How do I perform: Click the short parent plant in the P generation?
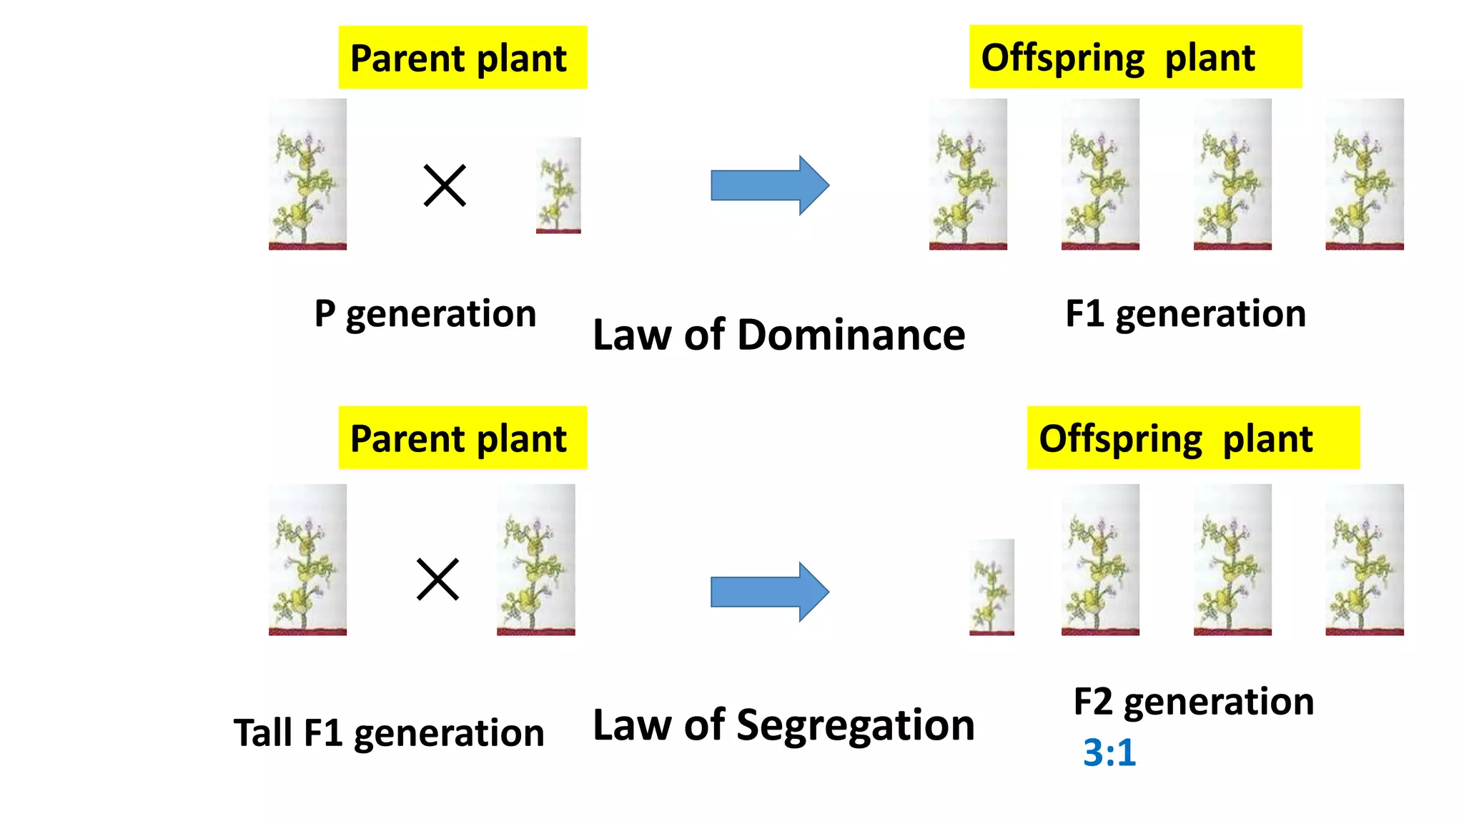coord(558,185)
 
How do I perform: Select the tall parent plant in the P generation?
coord(307,175)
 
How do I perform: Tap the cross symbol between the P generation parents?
coord(445,185)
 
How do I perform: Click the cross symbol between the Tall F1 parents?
coord(437,579)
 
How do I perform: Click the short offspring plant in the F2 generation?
coord(991,587)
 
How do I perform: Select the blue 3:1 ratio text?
coord(1109,752)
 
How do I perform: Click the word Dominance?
coord(851,335)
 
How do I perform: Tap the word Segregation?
coord(855,725)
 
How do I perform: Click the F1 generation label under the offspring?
coord(1185,314)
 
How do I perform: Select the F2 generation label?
coord(1193,702)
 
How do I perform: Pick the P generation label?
coord(425,314)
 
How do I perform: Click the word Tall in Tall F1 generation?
coord(263,732)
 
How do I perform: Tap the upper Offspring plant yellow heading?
coord(1135,57)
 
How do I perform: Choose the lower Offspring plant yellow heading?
coord(1193,438)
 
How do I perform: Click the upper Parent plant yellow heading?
coord(463,58)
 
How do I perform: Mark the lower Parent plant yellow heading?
coord(463,438)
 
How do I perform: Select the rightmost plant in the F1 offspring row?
coord(1364,175)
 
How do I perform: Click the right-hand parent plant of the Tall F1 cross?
coord(535,560)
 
